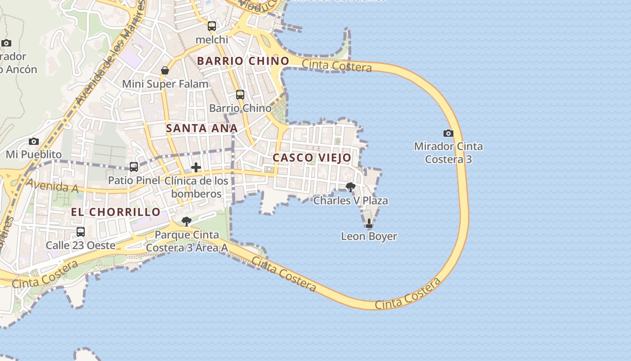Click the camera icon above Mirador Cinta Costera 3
pyautogui.click(x=448, y=133)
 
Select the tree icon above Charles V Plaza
pyautogui.click(x=350, y=187)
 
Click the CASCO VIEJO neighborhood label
pyautogui.click(x=312, y=157)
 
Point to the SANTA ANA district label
pyautogui.click(x=201, y=128)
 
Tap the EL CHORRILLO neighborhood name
pyautogui.click(x=115, y=212)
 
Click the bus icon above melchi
pyautogui.click(x=212, y=26)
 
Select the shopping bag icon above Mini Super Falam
pyautogui.click(x=165, y=70)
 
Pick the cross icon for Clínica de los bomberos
pyautogui.click(x=196, y=167)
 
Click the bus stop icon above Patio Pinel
pyautogui.click(x=134, y=167)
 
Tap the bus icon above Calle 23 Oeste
pyautogui.click(x=81, y=232)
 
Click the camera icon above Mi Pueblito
pyautogui.click(x=34, y=142)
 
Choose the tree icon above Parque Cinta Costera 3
pyautogui.click(x=186, y=221)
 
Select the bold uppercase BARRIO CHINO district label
pyautogui.click(x=243, y=61)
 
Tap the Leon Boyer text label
pyautogui.click(x=369, y=236)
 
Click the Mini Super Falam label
pyautogui.click(x=165, y=84)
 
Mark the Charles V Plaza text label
pyautogui.click(x=351, y=200)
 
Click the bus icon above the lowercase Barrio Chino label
pyautogui.click(x=240, y=95)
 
